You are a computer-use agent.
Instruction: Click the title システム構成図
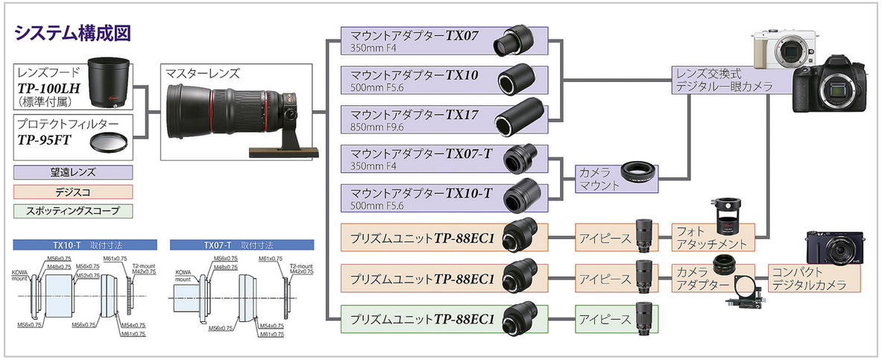(72, 33)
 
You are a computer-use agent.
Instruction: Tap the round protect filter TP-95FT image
(108, 141)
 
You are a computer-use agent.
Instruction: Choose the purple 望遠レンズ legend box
(72, 172)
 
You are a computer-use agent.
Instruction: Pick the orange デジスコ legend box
(72, 192)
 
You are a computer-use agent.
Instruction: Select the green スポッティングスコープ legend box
(72, 211)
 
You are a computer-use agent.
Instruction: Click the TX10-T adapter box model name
(469, 193)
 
